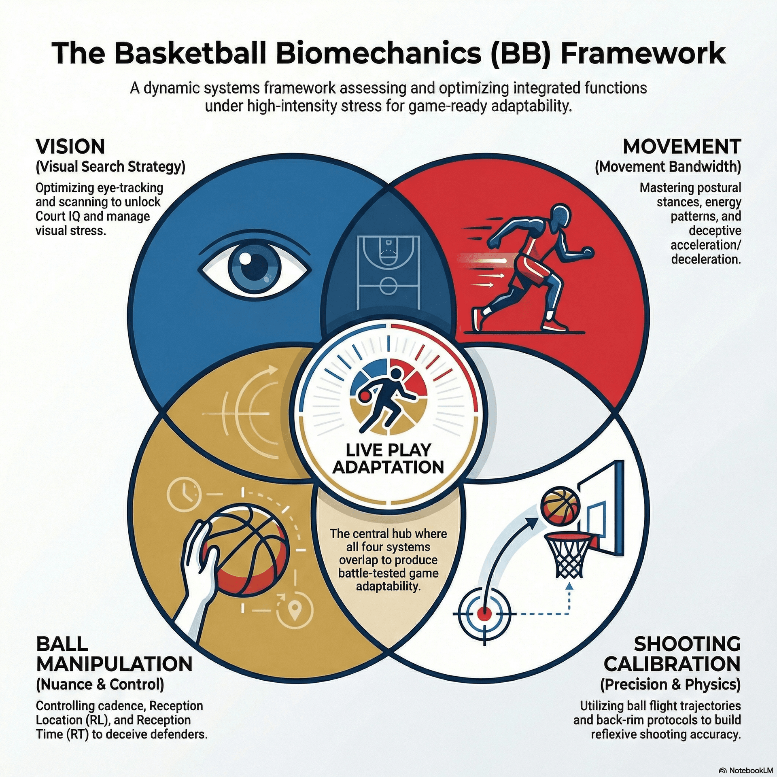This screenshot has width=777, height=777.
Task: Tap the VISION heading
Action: [x=70, y=146]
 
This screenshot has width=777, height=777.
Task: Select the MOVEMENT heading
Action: [x=682, y=146]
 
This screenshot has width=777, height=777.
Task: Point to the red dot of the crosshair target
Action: [x=484, y=613]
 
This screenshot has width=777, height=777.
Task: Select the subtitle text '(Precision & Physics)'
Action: [x=670, y=684]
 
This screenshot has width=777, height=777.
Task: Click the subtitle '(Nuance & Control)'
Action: [x=100, y=684]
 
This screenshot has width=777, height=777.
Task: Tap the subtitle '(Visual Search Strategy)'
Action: [x=110, y=167]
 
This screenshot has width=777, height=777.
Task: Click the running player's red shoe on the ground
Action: [x=553, y=325]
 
